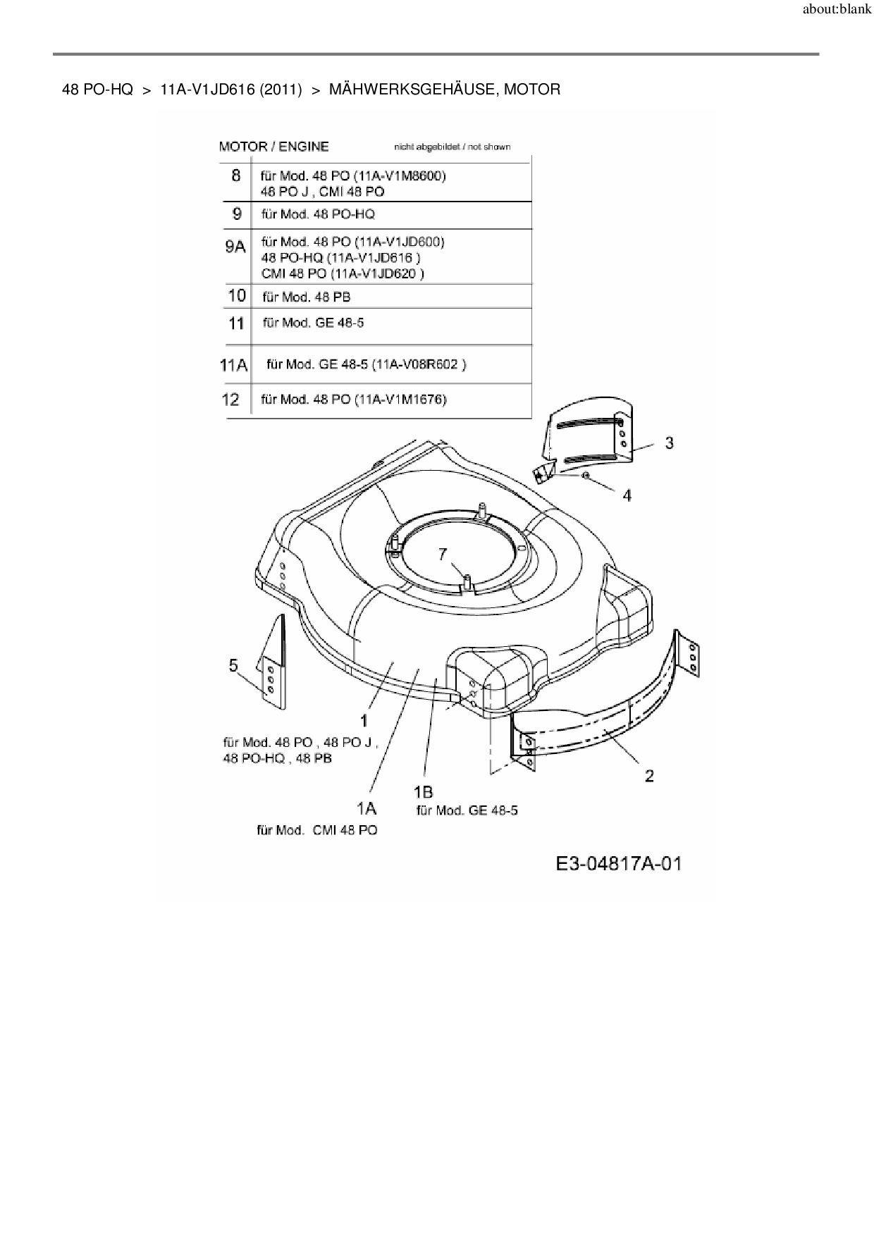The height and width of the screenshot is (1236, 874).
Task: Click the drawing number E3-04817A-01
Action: (619, 864)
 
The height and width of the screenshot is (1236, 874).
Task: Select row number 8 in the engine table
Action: (236, 175)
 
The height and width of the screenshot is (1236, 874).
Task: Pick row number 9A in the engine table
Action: (235, 247)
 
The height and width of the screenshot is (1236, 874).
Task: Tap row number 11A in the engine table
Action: (233, 365)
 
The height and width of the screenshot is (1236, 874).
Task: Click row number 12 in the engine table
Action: (230, 400)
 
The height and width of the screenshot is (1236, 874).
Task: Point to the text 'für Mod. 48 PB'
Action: (306, 297)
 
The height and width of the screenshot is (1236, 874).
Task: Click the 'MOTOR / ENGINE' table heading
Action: (273, 147)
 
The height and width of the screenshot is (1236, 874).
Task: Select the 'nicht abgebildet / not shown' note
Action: (452, 147)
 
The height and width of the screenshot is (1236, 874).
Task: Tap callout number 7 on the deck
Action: (443, 555)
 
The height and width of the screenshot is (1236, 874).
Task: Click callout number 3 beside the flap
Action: (669, 443)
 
